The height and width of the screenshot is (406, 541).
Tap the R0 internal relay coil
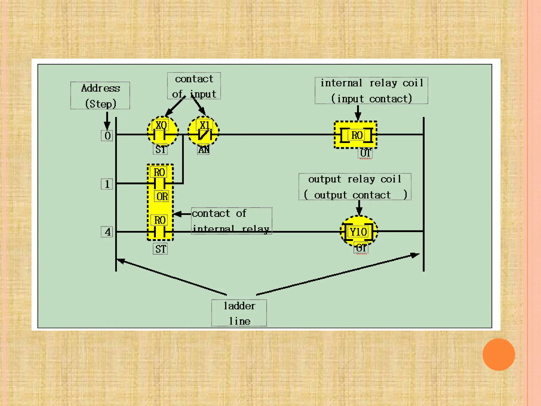click(356, 135)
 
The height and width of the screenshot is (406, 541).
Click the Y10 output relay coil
click(358, 232)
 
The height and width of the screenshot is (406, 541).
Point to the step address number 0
click(107, 136)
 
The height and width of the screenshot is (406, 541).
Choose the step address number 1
click(107, 184)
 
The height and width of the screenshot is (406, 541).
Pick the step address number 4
click(107, 232)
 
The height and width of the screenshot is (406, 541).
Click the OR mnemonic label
click(162, 197)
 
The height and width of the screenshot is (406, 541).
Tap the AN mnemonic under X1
click(204, 150)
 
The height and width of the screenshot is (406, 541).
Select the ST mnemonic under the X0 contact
click(160, 150)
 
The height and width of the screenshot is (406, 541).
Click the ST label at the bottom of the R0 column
click(160, 249)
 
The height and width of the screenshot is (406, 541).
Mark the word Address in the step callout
click(100, 88)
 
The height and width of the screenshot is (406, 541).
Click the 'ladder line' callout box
click(239, 313)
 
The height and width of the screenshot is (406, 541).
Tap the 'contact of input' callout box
click(194, 86)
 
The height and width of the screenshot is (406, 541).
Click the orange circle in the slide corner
click(498, 354)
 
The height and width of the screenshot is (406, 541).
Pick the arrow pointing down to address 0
click(107, 120)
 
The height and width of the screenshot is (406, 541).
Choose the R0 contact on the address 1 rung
click(160, 182)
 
